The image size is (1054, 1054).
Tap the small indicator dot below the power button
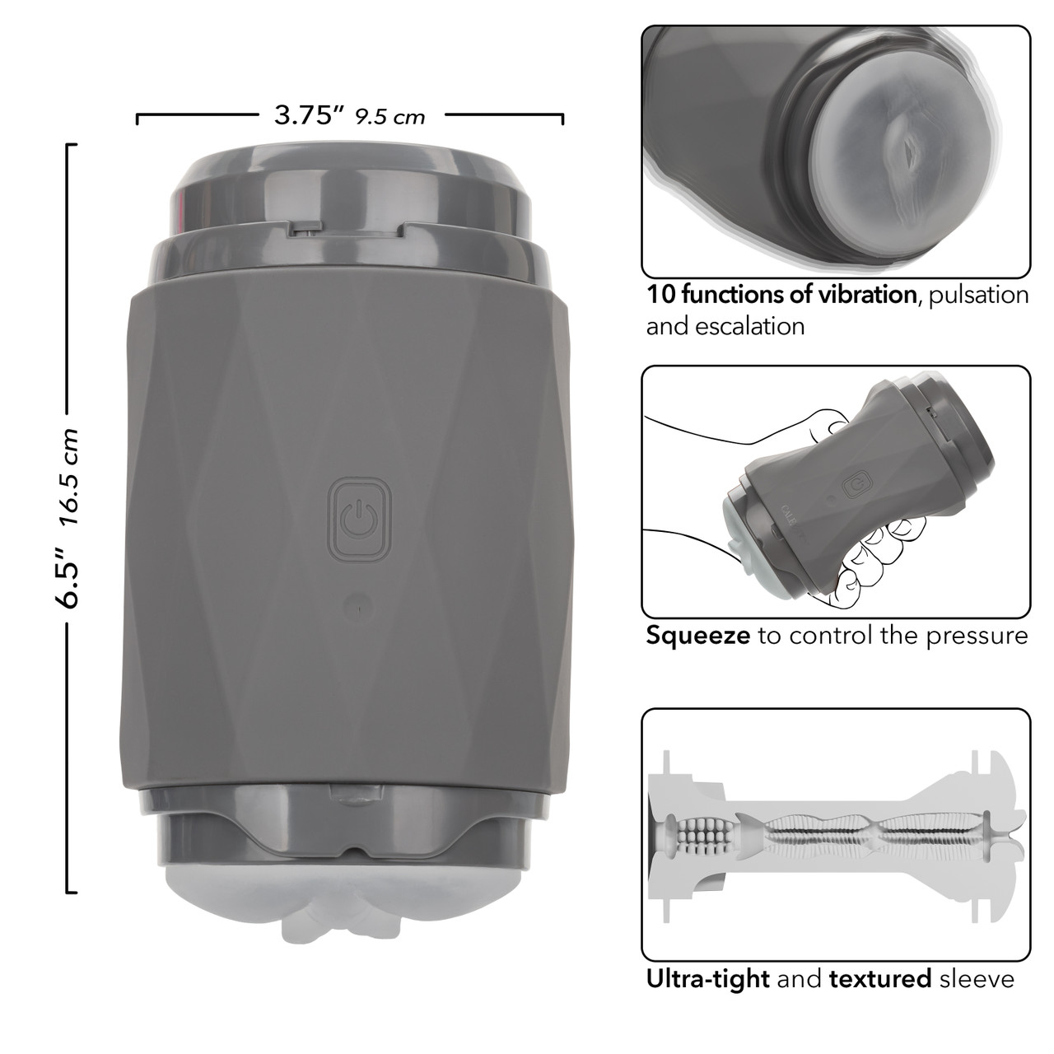pyautogui.click(x=358, y=606)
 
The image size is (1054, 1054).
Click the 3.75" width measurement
pyautogui.click(x=309, y=114)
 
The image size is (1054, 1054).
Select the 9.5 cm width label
pyautogui.click(x=390, y=117)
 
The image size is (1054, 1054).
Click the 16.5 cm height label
pyautogui.click(x=69, y=477)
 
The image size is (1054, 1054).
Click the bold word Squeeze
pyautogui.click(x=697, y=636)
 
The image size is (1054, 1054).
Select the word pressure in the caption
pyautogui.click(x=977, y=637)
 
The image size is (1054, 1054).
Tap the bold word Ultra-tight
pyautogui.click(x=708, y=978)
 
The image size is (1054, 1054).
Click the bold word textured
pyautogui.click(x=880, y=978)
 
